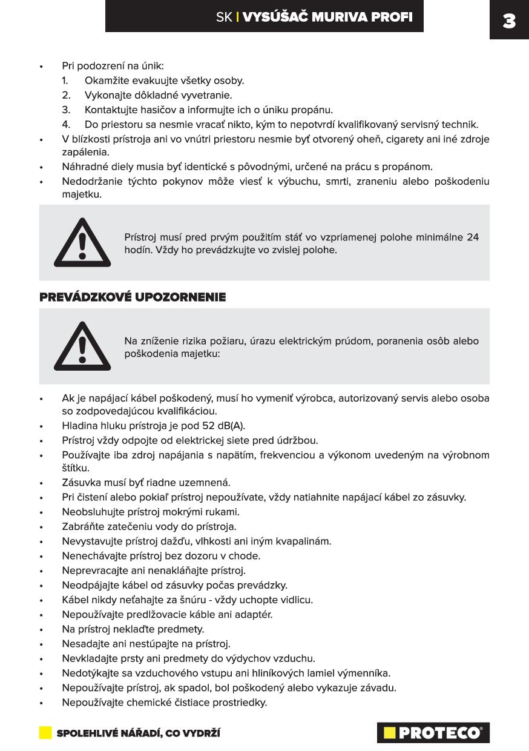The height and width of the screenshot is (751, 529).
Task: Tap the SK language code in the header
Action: tap(223, 17)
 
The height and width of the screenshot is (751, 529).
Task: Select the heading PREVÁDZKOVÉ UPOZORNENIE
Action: tap(133, 297)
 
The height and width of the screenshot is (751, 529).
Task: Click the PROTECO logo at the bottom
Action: tap(433, 733)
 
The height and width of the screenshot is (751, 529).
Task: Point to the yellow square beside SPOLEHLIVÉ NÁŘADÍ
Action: tap(45, 733)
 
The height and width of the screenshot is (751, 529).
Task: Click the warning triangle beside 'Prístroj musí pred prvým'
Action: tap(82, 243)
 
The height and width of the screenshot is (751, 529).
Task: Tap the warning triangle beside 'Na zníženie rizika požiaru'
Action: tap(82, 346)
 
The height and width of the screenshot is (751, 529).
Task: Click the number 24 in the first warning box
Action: tap(472, 237)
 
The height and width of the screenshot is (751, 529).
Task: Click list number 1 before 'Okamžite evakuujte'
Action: tap(65, 81)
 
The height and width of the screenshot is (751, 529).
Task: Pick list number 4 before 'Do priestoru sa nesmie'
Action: tap(66, 125)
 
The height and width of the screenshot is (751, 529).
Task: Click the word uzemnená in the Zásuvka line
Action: tap(209, 483)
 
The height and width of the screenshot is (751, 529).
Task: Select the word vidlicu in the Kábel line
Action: tap(294, 600)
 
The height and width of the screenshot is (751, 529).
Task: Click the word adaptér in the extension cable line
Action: tap(252, 614)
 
